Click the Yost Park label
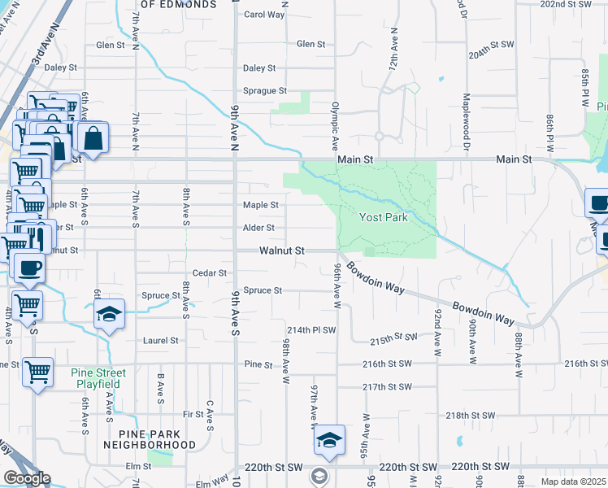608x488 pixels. click(x=384, y=218)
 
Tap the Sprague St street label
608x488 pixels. click(x=265, y=91)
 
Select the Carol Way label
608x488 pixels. click(x=264, y=15)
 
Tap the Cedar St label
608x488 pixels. click(x=210, y=273)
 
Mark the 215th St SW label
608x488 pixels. click(x=393, y=337)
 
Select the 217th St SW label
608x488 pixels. click(x=388, y=387)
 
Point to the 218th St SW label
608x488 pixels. click(x=470, y=415)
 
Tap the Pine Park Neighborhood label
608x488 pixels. click(x=150, y=439)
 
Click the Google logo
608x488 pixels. click(x=27, y=478)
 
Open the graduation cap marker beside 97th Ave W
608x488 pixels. click(x=329, y=440)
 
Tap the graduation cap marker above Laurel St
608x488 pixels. click(x=107, y=315)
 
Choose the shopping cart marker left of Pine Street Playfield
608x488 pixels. click(x=37, y=373)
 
